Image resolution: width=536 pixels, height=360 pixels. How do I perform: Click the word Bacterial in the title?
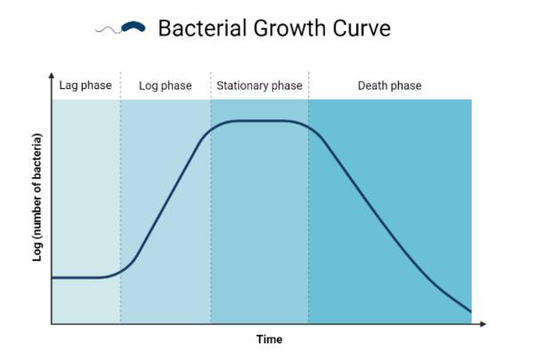(203, 28)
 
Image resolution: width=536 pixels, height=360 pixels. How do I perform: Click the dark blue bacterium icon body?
(134, 27)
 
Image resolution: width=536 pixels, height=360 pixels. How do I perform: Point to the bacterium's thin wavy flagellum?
(108, 30)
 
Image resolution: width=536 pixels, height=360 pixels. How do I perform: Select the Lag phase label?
(85, 86)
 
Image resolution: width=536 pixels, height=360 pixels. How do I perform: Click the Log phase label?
(166, 86)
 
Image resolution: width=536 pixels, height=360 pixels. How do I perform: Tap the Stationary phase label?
(259, 86)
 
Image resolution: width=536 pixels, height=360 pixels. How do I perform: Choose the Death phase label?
(390, 86)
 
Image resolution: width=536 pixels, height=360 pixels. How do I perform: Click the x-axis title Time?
(270, 340)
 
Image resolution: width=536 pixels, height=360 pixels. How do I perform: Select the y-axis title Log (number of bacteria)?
(37, 198)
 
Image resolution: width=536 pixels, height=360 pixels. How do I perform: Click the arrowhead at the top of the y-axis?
(52, 75)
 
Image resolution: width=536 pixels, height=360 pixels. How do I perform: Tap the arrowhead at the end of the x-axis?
(483, 323)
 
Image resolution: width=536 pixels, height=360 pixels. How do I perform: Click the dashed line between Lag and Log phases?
(120, 198)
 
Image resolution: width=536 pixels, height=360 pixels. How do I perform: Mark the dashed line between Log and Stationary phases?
(210, 198)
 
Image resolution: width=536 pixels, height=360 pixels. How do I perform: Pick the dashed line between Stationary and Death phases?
(308, 198)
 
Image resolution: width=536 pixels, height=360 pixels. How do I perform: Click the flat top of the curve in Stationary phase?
(260, 121)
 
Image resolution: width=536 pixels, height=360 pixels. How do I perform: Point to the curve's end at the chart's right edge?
(471, 311)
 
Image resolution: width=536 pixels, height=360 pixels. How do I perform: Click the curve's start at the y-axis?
(53, 277)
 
